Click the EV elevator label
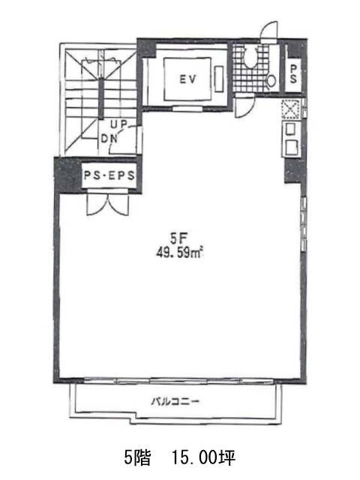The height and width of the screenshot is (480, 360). click(x=187, y=79)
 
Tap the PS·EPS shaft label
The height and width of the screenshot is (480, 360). click(x=109, y=175)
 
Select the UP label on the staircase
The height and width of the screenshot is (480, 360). click(x=119, y=124)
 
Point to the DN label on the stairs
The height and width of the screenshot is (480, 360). click(x=109, y=139)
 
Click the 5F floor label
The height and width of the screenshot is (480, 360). click(x=178, y=238)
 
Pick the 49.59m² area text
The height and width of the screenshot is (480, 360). click(x=180, y=253)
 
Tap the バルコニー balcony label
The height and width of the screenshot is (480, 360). click(x=175, y=401)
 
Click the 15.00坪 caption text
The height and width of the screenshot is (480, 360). click(x=203, y=458)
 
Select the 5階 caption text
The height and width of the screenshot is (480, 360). click(x=137, y=458)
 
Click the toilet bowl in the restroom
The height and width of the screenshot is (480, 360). click(x=250, y=57)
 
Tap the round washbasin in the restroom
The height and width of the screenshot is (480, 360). click(x=271, y=81)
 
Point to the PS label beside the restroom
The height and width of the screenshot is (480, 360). click(x=293, y=74)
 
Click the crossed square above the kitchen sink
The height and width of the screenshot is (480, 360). click(x=290, y=109)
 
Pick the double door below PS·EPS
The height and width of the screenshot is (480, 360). click(x=107, y=202)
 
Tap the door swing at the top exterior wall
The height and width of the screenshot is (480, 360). click(x=268, y=31)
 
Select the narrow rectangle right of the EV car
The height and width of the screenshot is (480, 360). click(x=219, y=79)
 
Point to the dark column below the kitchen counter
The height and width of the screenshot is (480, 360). click(x=293, y=170)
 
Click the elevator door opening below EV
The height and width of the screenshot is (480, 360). click(x=187, y=108)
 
